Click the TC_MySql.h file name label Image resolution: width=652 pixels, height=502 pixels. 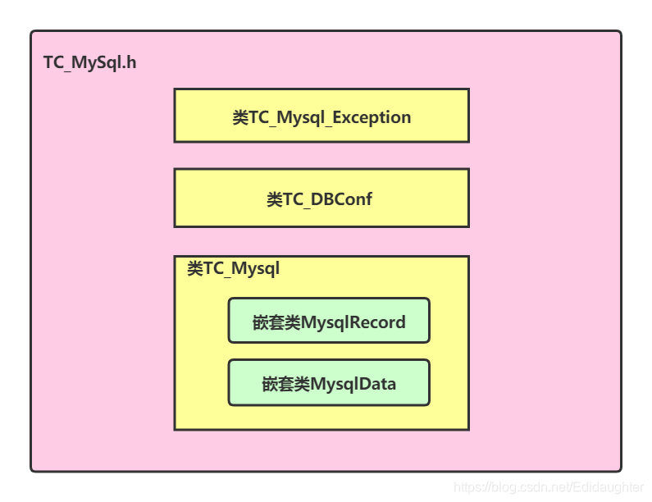(89, 63)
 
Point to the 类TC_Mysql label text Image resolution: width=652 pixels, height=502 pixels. (233, 268)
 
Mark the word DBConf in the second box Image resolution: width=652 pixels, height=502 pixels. (344, 199)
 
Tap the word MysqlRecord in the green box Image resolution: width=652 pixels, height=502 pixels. (353, 322)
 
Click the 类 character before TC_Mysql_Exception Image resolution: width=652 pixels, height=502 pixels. (239, 117)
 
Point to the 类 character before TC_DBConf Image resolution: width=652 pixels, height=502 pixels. (275, 199)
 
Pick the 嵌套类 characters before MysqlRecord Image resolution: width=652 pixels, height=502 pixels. (276, 322)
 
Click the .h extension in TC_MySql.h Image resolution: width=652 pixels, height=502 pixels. (128, 63)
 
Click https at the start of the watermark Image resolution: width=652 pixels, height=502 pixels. (468, 487)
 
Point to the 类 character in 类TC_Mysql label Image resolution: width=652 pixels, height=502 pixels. (194, 268)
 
